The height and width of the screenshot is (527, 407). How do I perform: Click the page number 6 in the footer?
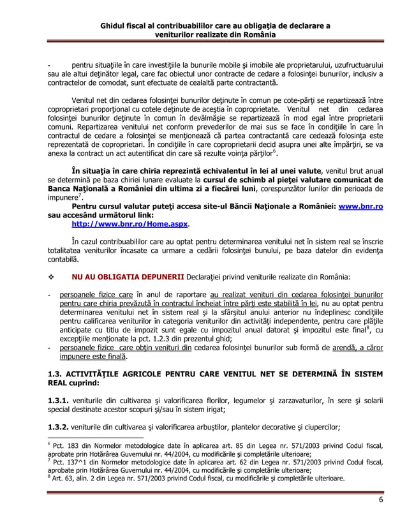coord(380,499)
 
